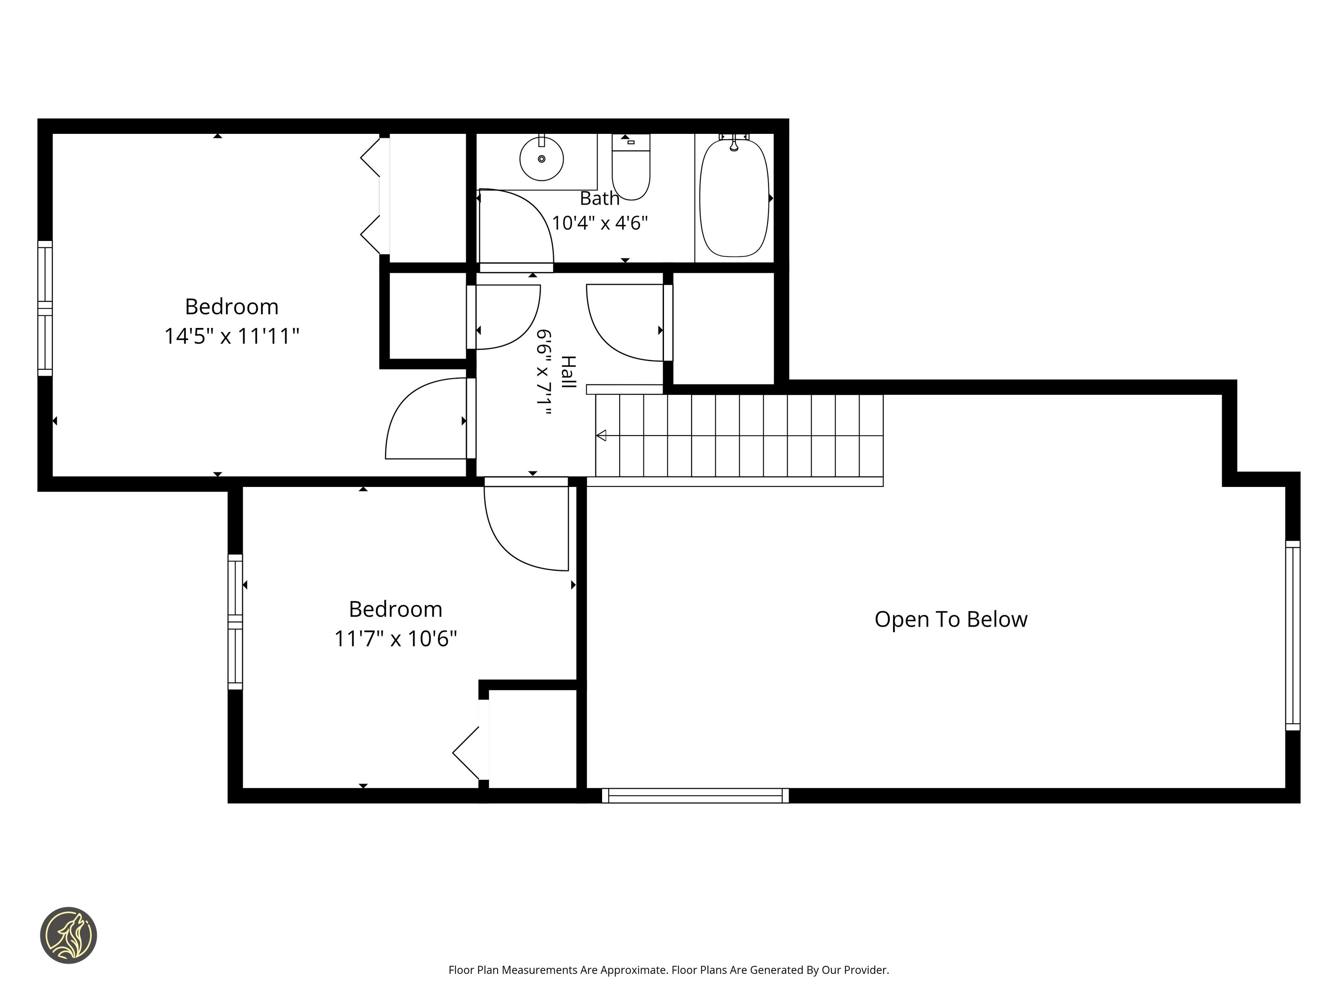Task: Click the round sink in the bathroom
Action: (541, 159)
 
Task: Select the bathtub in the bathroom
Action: (734, 198)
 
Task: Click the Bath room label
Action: (600, 198)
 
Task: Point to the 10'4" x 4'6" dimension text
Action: (600, 223)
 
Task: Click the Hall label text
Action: (568, 371)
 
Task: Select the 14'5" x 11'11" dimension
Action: (232, 336)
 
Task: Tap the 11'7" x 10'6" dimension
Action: (396, 638)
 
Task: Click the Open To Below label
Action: (951, 619)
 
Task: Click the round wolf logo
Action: (68, 935)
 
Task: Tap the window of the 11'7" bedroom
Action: (235, 622)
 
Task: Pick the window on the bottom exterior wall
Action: (695, 795)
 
